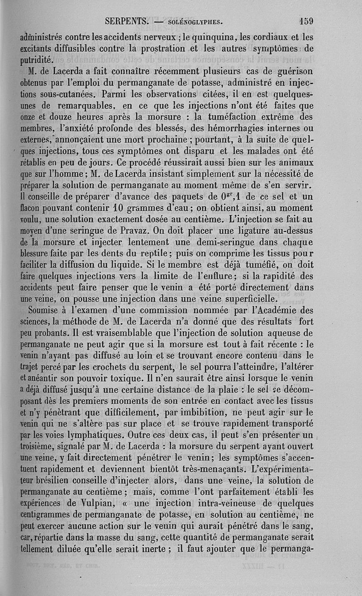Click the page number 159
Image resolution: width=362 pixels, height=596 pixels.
tap(306, 21)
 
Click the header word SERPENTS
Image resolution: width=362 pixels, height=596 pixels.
tap(127, 21)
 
